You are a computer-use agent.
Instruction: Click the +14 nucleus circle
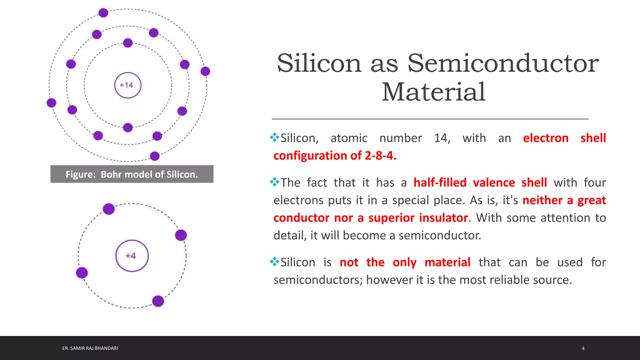tap(127, 85)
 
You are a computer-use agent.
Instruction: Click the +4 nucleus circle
tap(132, 256)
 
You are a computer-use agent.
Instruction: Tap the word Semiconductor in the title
tap(503, 63)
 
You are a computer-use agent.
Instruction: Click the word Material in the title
tap(433, 92)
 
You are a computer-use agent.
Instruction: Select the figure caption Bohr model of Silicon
tap(132, 174)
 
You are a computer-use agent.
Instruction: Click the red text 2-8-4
tap(380, 156)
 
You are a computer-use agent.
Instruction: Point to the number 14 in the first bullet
tap(441, 138)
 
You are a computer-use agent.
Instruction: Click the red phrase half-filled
tap(440, 182)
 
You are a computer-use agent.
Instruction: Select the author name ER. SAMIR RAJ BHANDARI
tap(90, 348)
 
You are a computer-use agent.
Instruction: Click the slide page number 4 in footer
tap(583, 348)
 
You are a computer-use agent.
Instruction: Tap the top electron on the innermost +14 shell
tap(128, 43)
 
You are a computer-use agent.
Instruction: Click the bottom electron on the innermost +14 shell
tap(128, 127)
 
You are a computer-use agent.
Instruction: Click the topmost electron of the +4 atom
tap(109, 209)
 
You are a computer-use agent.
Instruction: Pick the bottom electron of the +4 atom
tap(158, 301)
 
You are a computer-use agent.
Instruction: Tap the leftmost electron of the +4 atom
tap(82, 273)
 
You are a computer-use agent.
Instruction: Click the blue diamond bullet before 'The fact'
tap(274, 182)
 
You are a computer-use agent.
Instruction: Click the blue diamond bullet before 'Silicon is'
tap(274, 261)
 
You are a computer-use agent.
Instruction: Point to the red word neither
tap(542, 200)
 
